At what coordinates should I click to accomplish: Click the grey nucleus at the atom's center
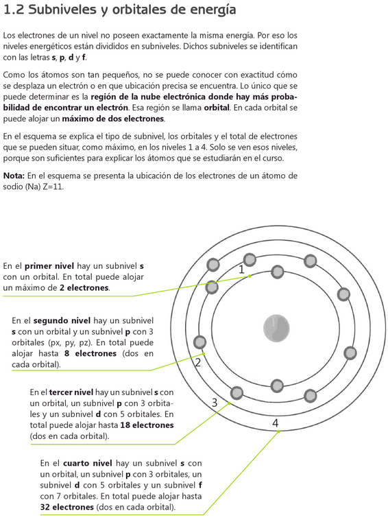[x=276, y=329]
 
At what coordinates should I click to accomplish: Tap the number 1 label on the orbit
[x=241, y=270]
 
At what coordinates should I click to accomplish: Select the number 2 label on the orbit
[x=197, y=363]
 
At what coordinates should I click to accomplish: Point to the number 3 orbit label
[x=215, y=403]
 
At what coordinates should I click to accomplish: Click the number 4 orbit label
[x=275, y=423]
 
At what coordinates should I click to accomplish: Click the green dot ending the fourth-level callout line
[x=278, y=431]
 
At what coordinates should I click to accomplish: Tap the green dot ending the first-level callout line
[x=250, y=276]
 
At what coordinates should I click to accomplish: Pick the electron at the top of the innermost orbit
[x=277, y=272]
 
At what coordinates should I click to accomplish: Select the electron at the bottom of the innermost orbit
[x=277, y=385]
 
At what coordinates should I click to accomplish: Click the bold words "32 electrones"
[x=67, y=507]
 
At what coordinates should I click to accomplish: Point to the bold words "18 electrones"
[x=147, y=425]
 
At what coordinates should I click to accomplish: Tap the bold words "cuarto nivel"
[x=88, y=463]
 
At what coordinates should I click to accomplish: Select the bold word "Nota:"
[x=14, y=176]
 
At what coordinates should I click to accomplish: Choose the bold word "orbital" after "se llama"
[x=217, y=108]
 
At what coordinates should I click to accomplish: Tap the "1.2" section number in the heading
[x=14, y=10]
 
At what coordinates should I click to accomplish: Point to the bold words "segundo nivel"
[x=62, y=320]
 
